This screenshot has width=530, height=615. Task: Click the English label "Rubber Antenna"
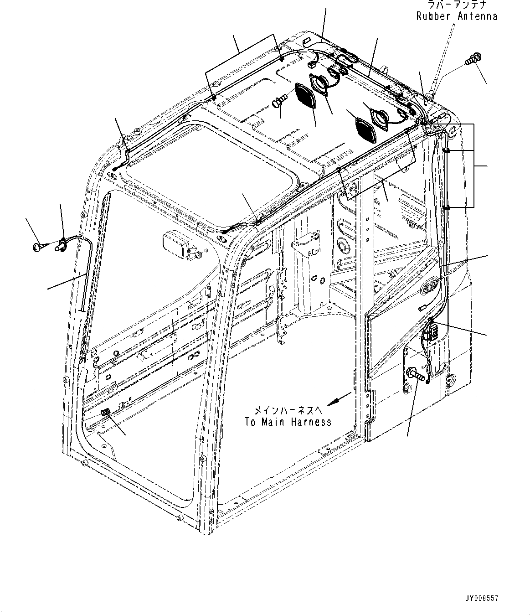(x=457, y=16)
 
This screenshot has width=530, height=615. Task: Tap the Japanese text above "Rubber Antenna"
(x=457, y=5)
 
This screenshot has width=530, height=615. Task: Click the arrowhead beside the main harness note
(x=334, y=401)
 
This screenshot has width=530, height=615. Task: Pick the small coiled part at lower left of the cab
(x=105, y=412)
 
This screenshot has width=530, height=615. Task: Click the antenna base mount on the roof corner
(x=430, y=96)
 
